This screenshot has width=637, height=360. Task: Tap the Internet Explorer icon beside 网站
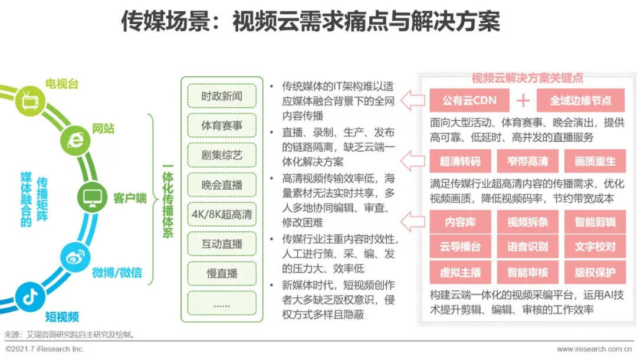[75, 140]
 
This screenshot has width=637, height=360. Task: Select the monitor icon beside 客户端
[93, 197]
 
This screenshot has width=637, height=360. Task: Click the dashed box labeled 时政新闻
[222, 96]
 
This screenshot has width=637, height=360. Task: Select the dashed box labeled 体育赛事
[222, 126]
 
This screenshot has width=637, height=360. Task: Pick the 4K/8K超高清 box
[222, 214]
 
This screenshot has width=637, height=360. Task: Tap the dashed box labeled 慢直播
[222, 273]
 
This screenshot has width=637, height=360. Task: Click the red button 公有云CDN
[469, 100]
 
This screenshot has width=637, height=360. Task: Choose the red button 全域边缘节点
[580, 100]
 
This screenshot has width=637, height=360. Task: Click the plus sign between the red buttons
[523, 101]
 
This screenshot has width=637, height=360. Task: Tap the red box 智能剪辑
[595, 222]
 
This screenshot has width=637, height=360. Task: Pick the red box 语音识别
[527, 247]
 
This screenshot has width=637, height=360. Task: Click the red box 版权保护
[595, 273]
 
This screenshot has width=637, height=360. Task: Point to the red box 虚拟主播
[460, 273]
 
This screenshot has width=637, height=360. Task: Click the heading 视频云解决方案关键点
[527, 78]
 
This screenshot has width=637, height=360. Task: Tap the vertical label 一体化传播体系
[168, 201]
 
